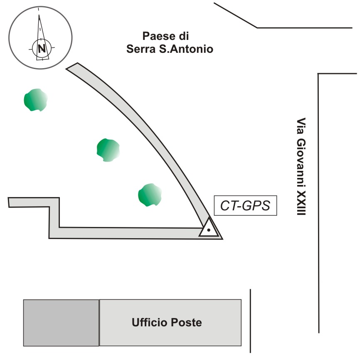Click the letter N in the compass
click(42, 48)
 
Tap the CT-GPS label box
click(245, 206)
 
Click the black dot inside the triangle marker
click(209, 230)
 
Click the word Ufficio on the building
click(149, 323)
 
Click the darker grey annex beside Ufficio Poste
click(61, 323)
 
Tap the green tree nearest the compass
click(35, 100)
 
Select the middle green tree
click(108, 150)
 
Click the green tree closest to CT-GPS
click(150, 195)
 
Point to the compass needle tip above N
click(39, 17)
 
